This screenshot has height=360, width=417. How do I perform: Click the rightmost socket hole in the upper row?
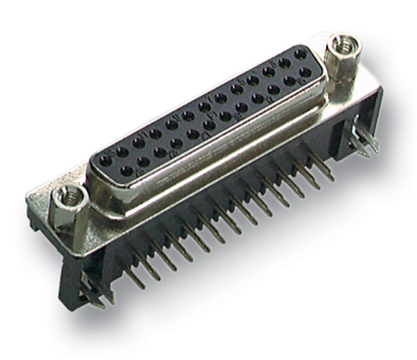tap(300, 54)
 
